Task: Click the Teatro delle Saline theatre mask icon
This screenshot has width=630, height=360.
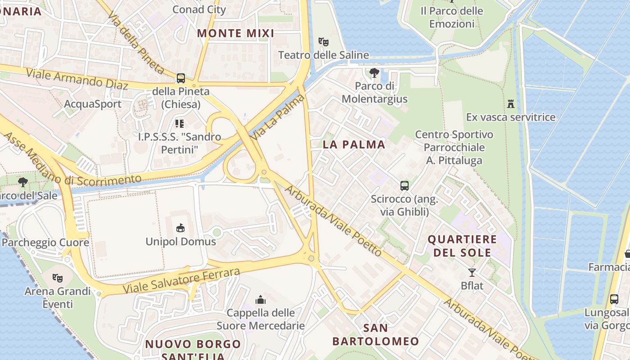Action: tap(323, 42)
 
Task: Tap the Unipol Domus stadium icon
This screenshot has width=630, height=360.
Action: tap(180, 228)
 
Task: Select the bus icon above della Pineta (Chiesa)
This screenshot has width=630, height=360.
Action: tap(180, 78)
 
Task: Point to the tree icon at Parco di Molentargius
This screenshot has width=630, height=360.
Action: tap(374, 72)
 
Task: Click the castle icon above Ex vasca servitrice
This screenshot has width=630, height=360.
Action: tap(510, 104)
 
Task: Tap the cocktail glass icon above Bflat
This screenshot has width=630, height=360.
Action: tap(472, 272)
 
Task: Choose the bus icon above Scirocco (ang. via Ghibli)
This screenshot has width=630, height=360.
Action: tap(404, 185)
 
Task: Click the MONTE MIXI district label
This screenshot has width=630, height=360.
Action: tap(235, 33)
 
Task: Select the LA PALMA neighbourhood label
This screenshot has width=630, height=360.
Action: tap(354, 144)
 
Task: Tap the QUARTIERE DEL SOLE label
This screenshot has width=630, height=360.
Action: tap(462, 246)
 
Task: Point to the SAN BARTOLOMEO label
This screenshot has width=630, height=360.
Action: tap(376, 334)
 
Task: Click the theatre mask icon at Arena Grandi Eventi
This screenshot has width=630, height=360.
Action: tap(57, 278)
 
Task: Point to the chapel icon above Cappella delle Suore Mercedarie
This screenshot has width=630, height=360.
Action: tap(261, 300)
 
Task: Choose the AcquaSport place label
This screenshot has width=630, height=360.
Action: tap(93, 104)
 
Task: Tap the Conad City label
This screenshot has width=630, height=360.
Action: tap(199, 9)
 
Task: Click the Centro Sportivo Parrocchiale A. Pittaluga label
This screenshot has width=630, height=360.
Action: tap(454, 147)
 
